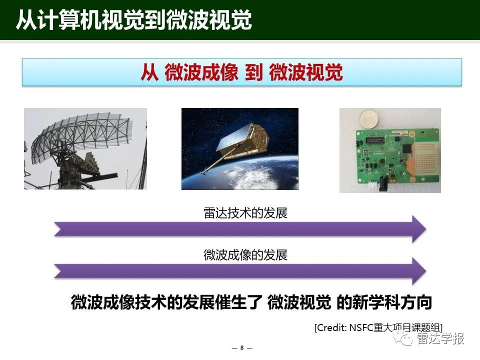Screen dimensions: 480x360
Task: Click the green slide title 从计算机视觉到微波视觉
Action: [x=134, y=20]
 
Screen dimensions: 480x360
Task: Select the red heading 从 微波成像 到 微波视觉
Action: [x=241, y=72]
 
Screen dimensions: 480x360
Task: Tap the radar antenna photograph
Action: [x=85, y=149]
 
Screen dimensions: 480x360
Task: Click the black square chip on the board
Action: [x=407, y=149]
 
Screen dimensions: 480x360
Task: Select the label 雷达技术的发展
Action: [x=245, y=213]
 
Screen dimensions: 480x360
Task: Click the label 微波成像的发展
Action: [x=245, y=255]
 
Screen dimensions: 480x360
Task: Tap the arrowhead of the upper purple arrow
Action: [x=419, y=228]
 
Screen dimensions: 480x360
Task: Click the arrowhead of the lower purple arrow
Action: [x=419, y=271]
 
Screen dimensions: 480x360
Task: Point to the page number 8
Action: [x=242, y=348]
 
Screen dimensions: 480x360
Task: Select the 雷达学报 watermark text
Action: [x=440, y=338]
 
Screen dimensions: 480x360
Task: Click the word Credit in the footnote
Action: [x=330, y=327]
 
